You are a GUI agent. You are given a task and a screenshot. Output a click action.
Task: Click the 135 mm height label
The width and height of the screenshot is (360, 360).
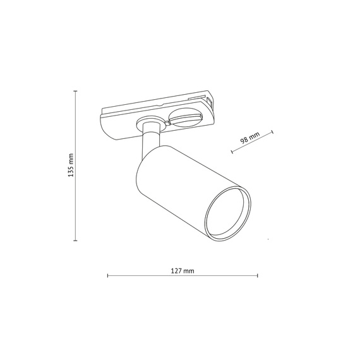(70, 165)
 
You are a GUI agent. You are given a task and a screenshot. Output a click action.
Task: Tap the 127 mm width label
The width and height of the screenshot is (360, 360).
(183, 270)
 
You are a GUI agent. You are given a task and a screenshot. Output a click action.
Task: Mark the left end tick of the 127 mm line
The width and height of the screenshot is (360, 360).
(108, 276)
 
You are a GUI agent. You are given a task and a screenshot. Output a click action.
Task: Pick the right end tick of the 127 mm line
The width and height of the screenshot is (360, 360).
(258, 276)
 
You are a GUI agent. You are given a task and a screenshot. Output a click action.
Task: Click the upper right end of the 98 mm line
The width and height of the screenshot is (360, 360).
(273, 131)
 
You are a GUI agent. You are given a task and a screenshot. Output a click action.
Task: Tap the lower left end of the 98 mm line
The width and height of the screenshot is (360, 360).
(232, 152)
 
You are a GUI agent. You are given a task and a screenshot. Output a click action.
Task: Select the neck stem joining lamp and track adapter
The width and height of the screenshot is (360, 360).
(150, 141)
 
